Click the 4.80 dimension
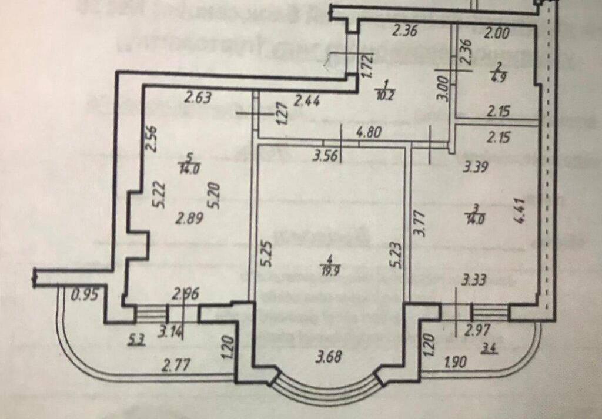369,133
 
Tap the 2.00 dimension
497,35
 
